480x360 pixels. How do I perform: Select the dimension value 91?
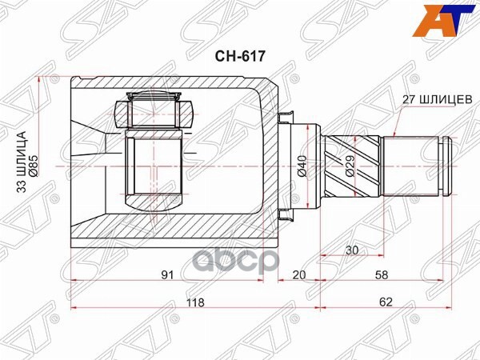pyautogui.click(x=166, y=275)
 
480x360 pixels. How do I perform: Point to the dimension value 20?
pyautogui.click(x=299, y=275)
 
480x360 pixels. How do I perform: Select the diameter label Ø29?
pyautogui.click(x=350, y=165)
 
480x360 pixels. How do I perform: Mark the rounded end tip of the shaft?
pyautogui.click(x=447, y=165)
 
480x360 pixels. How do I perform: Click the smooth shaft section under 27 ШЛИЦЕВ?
pyautogui.click(x=410, y=165)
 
